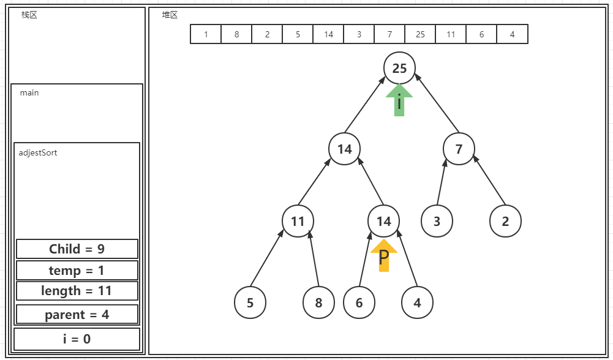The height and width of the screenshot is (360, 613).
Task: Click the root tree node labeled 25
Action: [399, 68]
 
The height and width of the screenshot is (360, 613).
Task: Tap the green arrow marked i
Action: [399, 101]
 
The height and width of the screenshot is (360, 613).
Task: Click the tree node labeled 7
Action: [459, 149]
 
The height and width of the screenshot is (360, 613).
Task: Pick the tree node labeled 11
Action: [298, 220]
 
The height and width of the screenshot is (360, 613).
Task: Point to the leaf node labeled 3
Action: [437, 220]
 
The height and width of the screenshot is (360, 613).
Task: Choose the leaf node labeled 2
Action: [505, 220]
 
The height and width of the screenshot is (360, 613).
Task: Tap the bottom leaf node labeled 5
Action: [250, 302]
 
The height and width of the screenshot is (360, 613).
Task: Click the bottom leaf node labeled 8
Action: [318, 302]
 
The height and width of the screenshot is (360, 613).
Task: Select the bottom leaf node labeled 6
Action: [359, 302]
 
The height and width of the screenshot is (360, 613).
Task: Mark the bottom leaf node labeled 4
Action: [417, 302]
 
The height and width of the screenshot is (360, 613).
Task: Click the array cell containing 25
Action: [420, 34]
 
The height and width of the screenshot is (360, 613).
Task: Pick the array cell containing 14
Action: [328, 34]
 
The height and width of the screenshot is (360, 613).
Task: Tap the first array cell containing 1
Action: [206, 34]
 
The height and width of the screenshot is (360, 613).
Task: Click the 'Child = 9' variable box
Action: [77, 249]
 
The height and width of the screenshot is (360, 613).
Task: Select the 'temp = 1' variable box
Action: [77, 270]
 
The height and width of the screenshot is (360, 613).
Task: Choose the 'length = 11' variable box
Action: [77, 291]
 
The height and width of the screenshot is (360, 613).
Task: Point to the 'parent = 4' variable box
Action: [77, 315]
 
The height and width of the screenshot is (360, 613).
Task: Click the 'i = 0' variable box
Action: [77, 339]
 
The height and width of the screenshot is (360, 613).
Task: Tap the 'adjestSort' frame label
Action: [38, 152]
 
